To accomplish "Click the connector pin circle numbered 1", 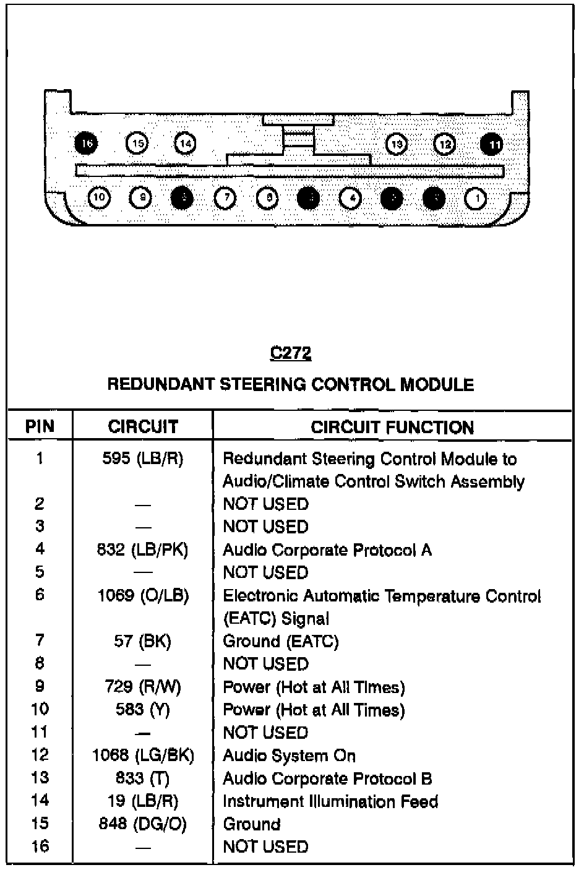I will [475, 199].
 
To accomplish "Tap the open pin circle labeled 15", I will [138, 144].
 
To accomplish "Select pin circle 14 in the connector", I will [185, 144].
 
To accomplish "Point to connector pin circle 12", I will [444, 144].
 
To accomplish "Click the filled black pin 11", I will [492, 144].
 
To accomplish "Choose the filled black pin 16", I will [87, 144].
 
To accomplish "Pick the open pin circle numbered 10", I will [99, 198].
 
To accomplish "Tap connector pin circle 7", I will [225, 198].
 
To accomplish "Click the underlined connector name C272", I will [291, 353].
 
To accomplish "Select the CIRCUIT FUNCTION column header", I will [392, 427].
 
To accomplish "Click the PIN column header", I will [40, 426].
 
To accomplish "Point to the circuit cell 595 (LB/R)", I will [143, 459].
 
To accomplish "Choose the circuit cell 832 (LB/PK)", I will [143, 549].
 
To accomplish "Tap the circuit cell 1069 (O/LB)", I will [143, 595].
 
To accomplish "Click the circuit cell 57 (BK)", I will [143, 641].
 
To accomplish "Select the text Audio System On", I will [289, 756].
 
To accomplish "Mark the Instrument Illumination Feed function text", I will [330, 801].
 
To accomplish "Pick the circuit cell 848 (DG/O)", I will [143, 824].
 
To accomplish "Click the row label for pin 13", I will [40, 778].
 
